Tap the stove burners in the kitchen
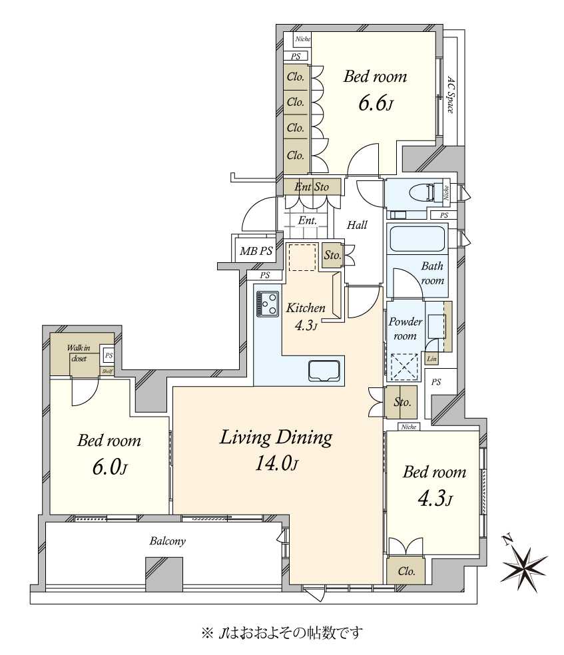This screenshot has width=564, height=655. coord(268,304)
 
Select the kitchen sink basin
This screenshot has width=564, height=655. coord(324,370)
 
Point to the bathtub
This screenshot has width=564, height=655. coord(417,238)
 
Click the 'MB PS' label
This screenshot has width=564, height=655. coord(256,251)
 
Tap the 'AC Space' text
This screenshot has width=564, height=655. coord(450,95)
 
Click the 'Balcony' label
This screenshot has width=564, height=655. coord(168,541)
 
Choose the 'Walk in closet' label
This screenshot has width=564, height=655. coord(79,353)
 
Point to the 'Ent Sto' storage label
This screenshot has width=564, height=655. coord(312,187)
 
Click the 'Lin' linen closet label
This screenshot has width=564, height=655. coord(431,358)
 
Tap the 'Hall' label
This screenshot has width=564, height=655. coord(357,225)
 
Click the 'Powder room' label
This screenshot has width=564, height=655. coord(405,329)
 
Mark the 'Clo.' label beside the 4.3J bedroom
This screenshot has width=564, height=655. coord(406,571)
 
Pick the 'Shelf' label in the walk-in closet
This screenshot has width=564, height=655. coord(107,371)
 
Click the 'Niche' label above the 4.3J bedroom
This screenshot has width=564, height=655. coord(409,427)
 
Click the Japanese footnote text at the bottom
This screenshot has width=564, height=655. coord(282,633)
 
